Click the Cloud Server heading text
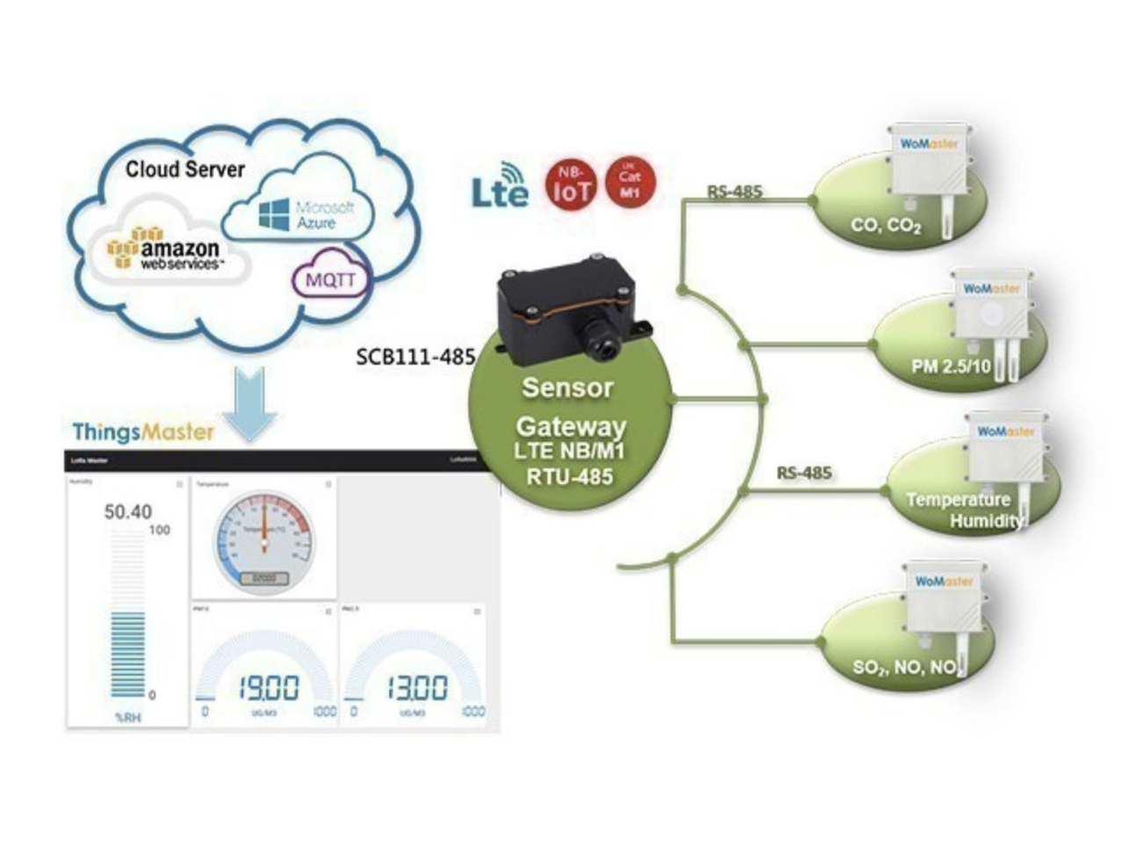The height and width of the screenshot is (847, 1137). point(185,169)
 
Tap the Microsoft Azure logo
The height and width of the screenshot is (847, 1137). point(307,214)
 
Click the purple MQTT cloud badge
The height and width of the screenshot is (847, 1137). point(330,279)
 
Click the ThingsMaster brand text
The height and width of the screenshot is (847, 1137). point(143,431)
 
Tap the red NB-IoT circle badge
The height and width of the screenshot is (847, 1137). point(571,184)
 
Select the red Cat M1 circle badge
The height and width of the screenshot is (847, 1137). point(630,183)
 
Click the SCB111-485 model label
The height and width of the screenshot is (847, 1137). point(415,357)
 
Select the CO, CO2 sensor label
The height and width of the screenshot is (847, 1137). point(885,226)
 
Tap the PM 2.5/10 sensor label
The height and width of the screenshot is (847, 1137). point(951,366)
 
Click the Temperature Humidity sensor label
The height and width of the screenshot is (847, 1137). point(963,510)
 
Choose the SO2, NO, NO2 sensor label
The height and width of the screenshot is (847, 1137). point(905,668)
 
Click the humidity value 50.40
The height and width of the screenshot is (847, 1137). point(128,511)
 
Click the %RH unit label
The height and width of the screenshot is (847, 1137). point(127,718)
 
